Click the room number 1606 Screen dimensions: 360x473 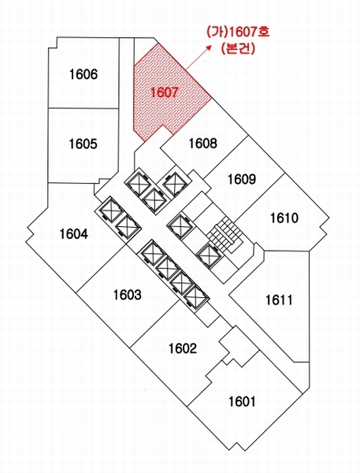84,74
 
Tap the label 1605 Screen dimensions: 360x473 84,143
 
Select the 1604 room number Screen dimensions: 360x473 74,234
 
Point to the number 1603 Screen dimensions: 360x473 128,294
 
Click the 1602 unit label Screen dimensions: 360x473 183,348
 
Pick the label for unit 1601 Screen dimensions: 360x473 242,401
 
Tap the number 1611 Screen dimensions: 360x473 279,300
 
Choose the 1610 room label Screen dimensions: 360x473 284,218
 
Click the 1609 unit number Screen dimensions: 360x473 242,179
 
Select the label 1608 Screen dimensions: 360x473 203,143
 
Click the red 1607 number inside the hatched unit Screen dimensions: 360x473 165,92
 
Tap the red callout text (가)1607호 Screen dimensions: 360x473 238,32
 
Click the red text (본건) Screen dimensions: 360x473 238,48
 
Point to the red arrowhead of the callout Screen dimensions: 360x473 210,47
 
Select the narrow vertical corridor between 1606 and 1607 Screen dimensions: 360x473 127,99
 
